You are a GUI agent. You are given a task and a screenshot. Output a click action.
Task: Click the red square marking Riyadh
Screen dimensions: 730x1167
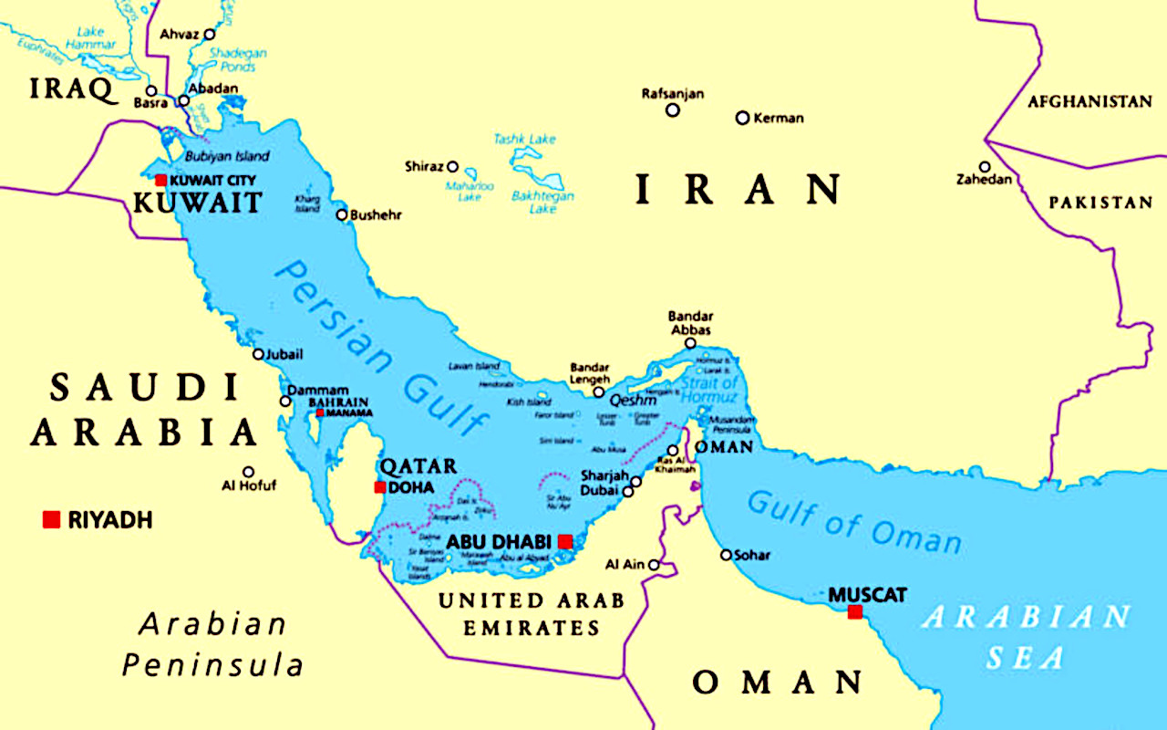51,519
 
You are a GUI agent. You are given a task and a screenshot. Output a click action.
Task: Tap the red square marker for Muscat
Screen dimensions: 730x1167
854,611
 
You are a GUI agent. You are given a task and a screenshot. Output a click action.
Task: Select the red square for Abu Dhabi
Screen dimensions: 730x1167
565,541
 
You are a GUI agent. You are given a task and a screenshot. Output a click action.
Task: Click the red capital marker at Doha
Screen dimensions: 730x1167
380,487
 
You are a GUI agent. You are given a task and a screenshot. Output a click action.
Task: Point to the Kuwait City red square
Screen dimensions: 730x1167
161,180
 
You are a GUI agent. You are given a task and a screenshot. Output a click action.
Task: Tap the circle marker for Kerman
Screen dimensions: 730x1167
742,118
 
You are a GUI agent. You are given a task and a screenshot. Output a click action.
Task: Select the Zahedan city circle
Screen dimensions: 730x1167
985,167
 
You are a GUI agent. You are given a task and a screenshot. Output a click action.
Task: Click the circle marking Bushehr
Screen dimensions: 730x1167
342,215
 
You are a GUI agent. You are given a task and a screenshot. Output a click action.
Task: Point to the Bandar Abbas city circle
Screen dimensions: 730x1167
691,343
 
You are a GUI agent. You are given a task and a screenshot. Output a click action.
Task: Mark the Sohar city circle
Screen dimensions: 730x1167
726,555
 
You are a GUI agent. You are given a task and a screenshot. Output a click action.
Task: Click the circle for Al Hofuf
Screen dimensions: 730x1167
248,472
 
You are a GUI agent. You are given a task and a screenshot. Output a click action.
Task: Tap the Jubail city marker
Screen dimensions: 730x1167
258,354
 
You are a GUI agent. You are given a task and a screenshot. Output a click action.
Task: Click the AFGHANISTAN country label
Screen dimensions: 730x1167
1090,102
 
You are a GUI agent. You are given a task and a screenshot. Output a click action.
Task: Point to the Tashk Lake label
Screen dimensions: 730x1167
524,139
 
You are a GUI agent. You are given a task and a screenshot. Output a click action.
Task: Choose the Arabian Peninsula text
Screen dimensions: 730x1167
213,644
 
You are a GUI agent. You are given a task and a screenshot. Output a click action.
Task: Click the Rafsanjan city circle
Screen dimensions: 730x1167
673,110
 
